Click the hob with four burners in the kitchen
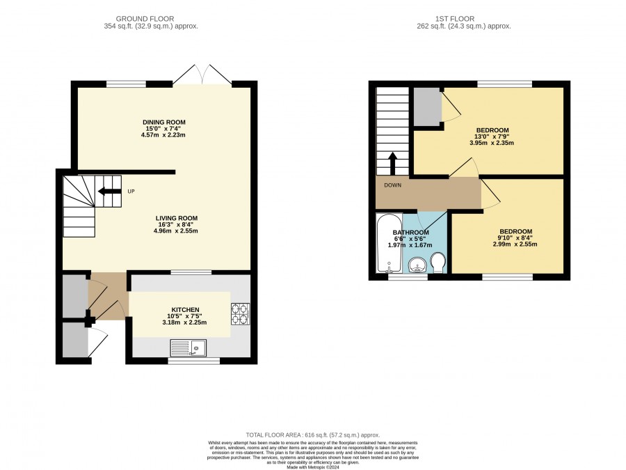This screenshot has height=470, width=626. tap(241, 314)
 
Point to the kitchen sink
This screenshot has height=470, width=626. tap(188, 347)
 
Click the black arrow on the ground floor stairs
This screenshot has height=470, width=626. tap(109, 191)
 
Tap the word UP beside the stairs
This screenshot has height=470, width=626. tap(131, 191)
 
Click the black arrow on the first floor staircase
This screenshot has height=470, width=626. tap(392, 164)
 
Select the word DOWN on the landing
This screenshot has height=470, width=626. tap(393, 185)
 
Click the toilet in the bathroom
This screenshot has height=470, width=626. tap(438, 263)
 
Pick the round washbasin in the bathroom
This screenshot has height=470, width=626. tap(417, 265)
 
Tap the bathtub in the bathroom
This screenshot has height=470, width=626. tap(390, 244)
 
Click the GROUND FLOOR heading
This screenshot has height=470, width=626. tap(145, 19)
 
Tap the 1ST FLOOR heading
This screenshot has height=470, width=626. tap(455, 19)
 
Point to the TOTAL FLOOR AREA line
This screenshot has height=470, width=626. tap(313, 435)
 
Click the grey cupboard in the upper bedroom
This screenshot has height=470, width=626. tap(427, 106)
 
